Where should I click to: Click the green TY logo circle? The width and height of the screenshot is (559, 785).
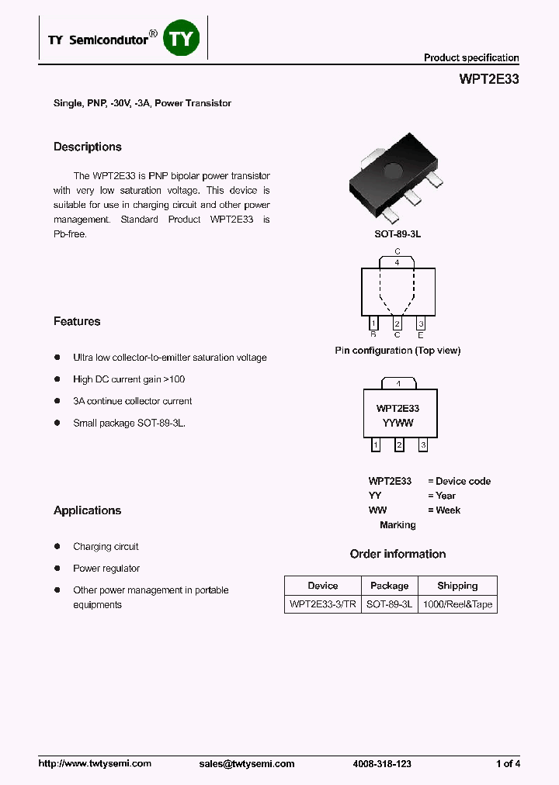click(182, 39)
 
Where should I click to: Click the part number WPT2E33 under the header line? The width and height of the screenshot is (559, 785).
click(489, 79)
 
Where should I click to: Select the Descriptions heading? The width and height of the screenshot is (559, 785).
click(88, 147)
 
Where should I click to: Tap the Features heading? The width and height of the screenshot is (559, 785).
click(77, 322)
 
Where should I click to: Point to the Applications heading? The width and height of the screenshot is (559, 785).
click(88, 511)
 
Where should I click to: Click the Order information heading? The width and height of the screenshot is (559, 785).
click(398, 555)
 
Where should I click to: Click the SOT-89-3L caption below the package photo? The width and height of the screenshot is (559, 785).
click(398, 233)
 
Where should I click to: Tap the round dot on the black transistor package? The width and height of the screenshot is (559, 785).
click(394, 170)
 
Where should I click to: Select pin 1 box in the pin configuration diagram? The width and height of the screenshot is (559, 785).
click(373, 323)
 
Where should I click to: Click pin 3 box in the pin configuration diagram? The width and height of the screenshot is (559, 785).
click(421, 323)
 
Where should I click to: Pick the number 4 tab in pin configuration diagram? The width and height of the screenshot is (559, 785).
click(398, 263)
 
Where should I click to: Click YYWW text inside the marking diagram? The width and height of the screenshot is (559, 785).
click(398, 424)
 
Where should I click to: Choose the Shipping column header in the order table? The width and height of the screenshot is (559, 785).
click(457, 586)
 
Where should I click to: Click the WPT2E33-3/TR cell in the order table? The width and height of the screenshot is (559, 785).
click(322, 604)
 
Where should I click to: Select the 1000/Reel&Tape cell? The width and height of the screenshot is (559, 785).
click(457, 604)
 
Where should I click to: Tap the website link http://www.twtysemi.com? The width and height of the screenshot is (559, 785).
click(95, 764)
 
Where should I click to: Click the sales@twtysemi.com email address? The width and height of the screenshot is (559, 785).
click(247, 764)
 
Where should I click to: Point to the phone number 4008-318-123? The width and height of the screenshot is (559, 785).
click(382, 764)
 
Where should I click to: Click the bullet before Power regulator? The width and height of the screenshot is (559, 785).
click(57, 569)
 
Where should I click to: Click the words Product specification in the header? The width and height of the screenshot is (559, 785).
click(471, 58)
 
